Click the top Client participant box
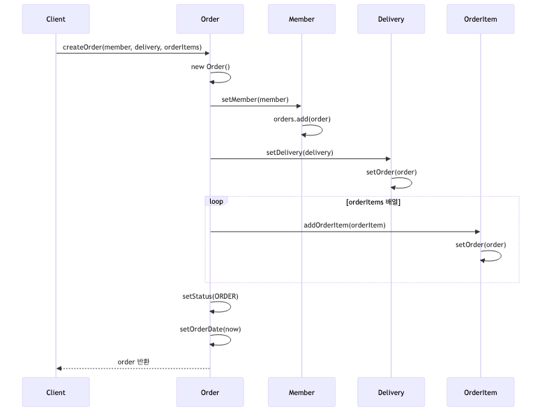[x=56, y=19]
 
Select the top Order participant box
[x=210, y=19]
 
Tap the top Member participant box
[x=301, y=19]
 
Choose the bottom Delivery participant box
[x=391, y=392]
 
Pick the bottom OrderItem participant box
[x=480, y=392]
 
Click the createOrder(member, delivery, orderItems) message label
[x=132, y=47]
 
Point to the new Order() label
[x=210, y=67]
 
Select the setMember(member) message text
[x=255, y=100]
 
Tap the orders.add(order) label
[x=301, y=119]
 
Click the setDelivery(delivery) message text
[x=299, y=152]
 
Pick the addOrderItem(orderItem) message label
[x=344, y=225]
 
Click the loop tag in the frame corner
[x=216, y=202]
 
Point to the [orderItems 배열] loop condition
[x=373, y=202]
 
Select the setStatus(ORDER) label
[x=210, y=296]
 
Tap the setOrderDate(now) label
[x=210, y=329]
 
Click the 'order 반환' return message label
[x=133, y=362]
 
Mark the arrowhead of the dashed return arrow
[x=59, y=369]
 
